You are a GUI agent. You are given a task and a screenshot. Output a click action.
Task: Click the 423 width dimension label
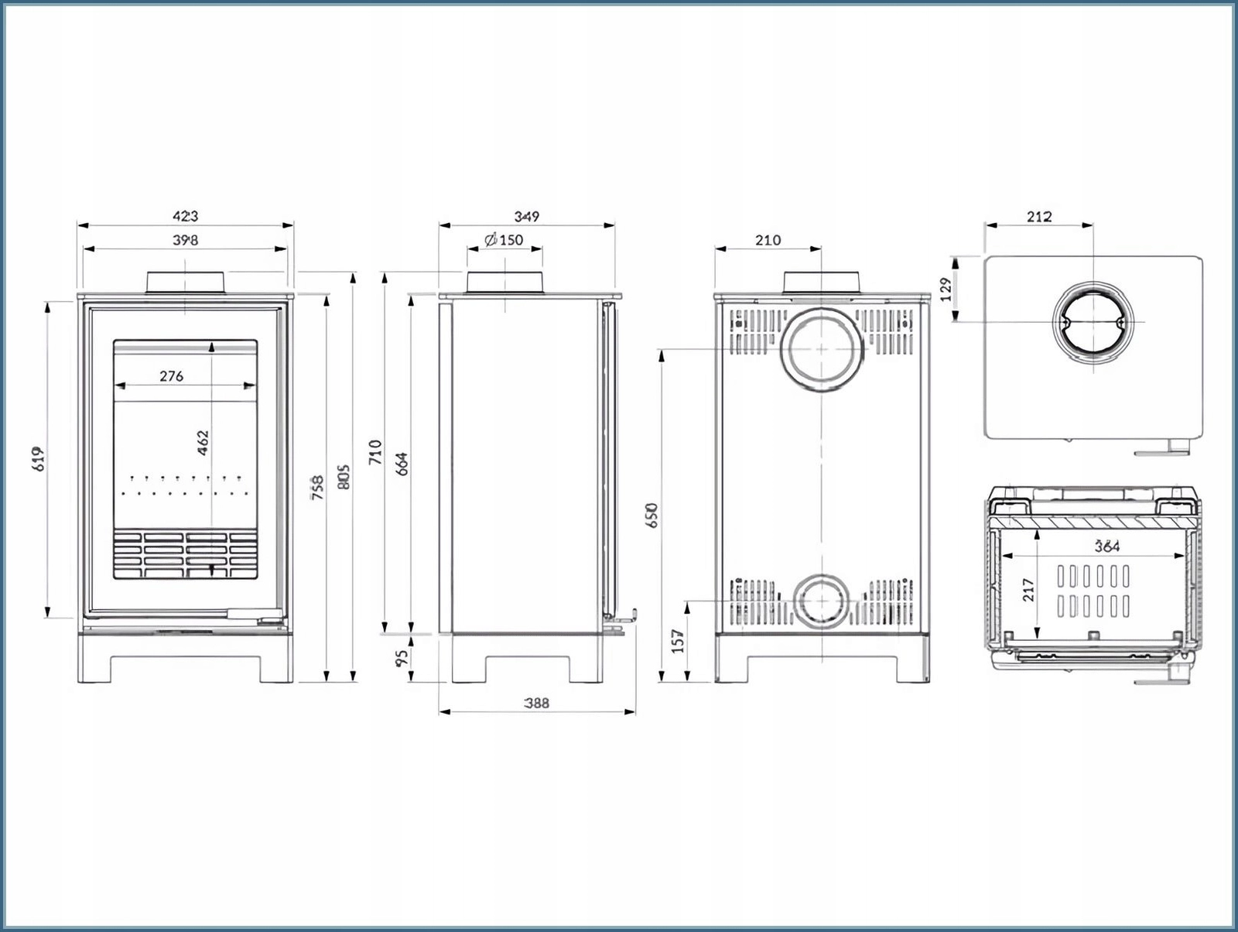click(186, 217)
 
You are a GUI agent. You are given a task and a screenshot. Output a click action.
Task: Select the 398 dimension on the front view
click(186, 240)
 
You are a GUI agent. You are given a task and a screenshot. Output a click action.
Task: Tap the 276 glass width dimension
click(172, 376)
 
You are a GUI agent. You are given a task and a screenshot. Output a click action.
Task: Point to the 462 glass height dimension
click(203, 443)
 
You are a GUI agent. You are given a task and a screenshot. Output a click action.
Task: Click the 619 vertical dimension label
click(39, 458)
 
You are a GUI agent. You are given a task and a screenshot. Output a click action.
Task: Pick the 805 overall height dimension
click(344, 477)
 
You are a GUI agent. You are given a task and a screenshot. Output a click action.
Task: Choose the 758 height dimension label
click(317, 488)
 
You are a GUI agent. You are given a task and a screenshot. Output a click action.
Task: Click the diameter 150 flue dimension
click(504, 240)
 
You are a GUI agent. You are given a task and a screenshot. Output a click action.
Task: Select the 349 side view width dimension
click(527, 217)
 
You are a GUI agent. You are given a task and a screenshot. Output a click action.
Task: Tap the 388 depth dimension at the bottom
click(536, 703)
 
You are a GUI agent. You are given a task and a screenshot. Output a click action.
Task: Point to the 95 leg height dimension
click(402, 659)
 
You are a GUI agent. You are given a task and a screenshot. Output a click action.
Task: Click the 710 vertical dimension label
click(375, 452)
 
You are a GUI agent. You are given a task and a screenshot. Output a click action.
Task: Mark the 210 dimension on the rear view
click(768, 240)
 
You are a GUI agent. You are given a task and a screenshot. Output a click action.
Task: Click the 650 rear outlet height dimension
click(651, 516)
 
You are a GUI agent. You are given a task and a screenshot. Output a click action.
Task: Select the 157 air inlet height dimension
click(678, 642)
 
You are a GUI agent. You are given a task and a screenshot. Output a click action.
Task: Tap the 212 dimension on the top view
click(1039, 217)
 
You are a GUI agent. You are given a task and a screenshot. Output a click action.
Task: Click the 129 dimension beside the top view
click(946, 290)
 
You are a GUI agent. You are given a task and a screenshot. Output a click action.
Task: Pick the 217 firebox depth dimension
click(1028, 591)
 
